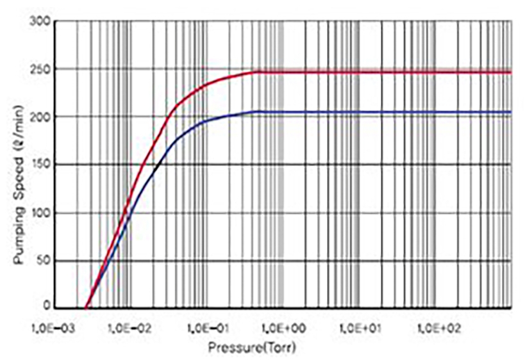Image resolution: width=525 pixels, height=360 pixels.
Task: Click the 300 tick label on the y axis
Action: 42,20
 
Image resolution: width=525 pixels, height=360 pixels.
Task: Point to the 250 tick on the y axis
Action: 42,69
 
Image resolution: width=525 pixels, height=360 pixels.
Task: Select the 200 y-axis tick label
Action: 42,117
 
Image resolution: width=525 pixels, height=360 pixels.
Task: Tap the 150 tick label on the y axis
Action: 42,165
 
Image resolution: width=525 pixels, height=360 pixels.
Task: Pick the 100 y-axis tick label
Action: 42,213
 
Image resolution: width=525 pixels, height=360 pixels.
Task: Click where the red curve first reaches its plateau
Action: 256,72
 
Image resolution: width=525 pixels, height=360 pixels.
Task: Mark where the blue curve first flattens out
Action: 256,111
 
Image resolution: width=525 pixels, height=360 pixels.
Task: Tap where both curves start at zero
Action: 87,308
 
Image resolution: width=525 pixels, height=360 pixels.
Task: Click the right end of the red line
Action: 511,72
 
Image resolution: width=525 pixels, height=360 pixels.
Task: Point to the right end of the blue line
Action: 511,112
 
